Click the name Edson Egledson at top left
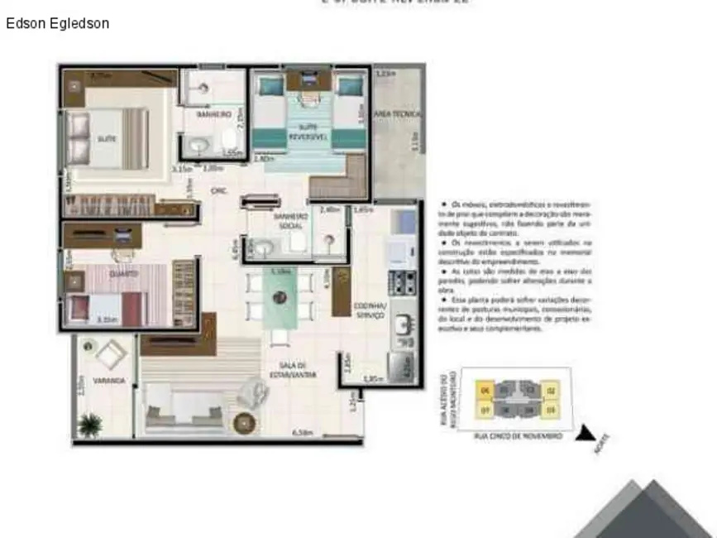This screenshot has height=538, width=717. point(57,24)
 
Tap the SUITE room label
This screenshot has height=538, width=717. point(107,140)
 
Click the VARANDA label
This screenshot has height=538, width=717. point(109,381)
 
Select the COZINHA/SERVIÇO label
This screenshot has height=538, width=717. point(370,309)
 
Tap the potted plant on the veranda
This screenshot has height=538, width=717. point(89,425)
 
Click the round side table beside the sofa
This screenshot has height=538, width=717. point(245,423)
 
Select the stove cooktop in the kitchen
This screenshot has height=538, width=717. point(404,281)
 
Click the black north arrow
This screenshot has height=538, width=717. point(586,433)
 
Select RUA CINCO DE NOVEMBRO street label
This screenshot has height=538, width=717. point(518,435)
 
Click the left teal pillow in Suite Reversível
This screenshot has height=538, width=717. point(270,84)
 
